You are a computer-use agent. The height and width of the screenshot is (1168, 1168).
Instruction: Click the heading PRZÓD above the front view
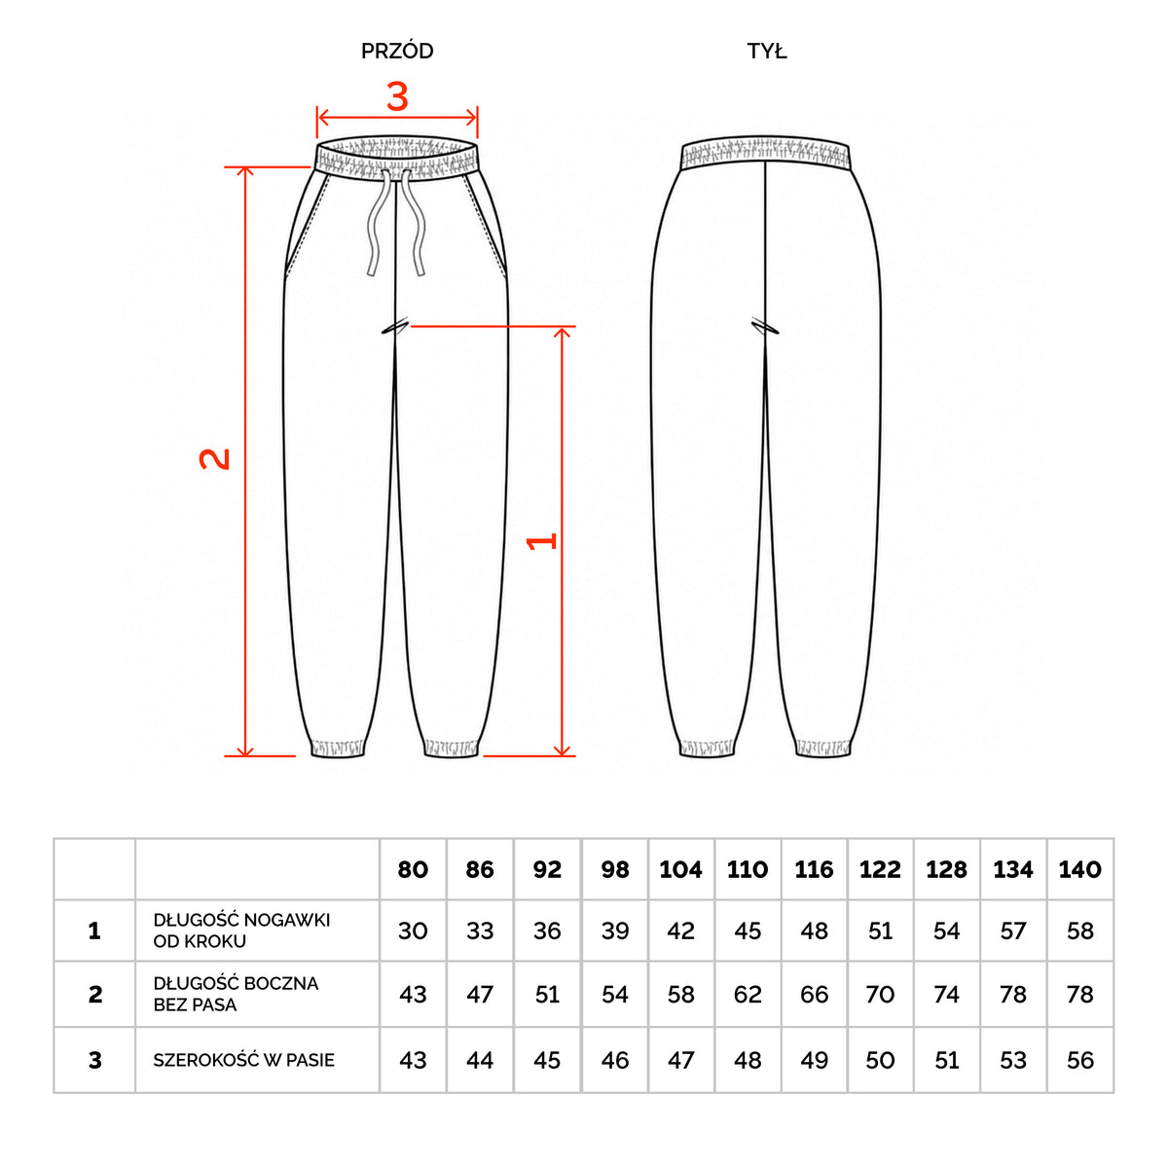tap(397, 51)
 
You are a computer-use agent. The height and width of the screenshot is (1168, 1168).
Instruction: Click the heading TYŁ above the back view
tap(767, 52)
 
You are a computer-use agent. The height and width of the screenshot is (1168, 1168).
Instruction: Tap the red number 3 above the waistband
tap(398, 96)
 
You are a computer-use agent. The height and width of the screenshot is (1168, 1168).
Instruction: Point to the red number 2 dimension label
tap(214, 458)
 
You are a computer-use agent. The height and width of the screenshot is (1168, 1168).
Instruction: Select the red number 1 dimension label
tap(542, 540)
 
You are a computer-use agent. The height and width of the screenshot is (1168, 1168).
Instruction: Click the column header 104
tap(680, 870)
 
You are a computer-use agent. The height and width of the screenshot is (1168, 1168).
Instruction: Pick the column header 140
tap(1080, 870)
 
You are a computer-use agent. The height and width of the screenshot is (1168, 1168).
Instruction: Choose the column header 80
tap(413, 870)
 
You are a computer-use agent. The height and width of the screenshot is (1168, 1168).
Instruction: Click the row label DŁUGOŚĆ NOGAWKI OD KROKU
tap(241, 931)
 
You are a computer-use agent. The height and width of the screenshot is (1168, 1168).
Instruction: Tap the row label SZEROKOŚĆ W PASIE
tap(243, 1060)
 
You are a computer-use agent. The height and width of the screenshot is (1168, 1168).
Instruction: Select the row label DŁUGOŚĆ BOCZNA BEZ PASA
tap(236, 994)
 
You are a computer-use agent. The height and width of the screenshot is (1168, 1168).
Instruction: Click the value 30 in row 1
tap(413, 931)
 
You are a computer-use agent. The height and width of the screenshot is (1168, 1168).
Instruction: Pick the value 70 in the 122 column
tap(880, 994)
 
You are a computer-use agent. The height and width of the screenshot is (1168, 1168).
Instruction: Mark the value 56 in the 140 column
tap(1080, 1060)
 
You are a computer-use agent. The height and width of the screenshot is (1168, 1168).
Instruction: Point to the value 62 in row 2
tap(748, 994)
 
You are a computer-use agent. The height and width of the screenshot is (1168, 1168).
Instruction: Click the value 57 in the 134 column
tap(1013, 931)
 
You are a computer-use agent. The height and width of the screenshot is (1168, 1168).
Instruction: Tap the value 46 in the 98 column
tap(614, 1060)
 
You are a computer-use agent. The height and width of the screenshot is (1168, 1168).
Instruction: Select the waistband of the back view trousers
tap(765, 152)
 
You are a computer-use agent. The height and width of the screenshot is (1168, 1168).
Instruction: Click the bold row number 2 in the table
tap(95, 994)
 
